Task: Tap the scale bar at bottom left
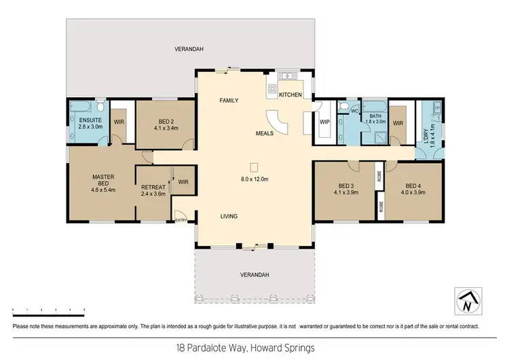[x=48, y=310]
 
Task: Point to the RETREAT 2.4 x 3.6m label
[x=153, y=190]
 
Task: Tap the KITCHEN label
[x=290, y=94]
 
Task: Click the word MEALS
[x=265, y=133]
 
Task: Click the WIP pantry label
[x=324, y=122]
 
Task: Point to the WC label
[x=354, y=111]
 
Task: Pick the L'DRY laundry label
[x=428, y=137]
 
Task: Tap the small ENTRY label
[x=181, y=220]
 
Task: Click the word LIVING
[x=229, y=217]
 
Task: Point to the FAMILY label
[x=228, y=101]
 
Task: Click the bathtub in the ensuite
[x=77, y=107]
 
